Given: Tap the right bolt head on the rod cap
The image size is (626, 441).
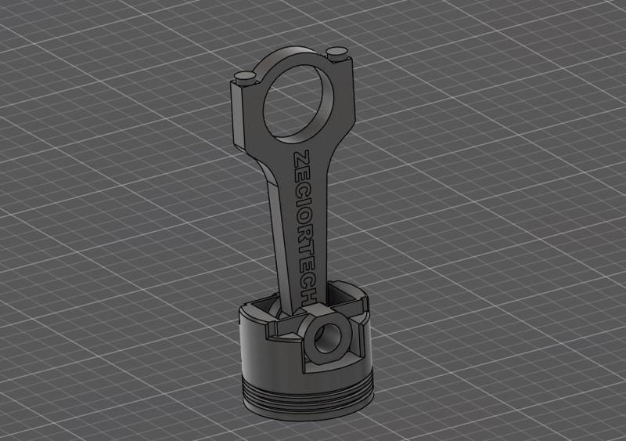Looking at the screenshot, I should coord(337,52).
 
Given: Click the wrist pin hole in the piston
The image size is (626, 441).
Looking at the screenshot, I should coord(322,339).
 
